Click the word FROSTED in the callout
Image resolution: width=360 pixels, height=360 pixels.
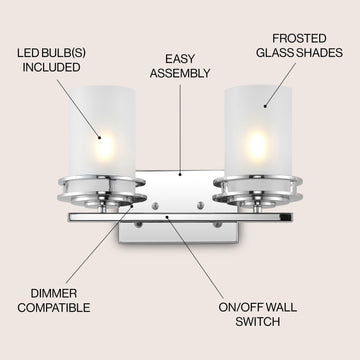click(x=299, y=39)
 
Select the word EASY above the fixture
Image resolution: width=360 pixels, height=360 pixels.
click(x=180, y=59)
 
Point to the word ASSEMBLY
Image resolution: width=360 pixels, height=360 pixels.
click(x=180, y=73)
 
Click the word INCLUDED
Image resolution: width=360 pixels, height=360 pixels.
click(x=51, y=67)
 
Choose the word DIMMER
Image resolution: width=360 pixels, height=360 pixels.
click(x=54, y=293)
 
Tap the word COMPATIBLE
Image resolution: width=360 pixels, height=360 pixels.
click(x=54, y=308)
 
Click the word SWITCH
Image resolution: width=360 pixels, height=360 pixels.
click(x=258, y=322)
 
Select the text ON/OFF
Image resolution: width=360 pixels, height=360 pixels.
click(x=238, y=307)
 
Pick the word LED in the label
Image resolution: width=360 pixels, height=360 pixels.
click(x=26, y=53)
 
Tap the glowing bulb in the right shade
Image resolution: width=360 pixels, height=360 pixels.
click(x=257, y=144)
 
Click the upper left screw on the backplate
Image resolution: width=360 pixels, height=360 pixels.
click(x=155, y=206)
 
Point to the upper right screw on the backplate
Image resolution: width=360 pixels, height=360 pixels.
click(x=200, y=205)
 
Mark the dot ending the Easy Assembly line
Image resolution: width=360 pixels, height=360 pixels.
click(x=180, y=174)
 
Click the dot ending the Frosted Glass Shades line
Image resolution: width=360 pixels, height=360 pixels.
click(x=265, y=106)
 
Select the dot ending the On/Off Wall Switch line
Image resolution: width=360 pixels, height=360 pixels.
click(x=167, y=217)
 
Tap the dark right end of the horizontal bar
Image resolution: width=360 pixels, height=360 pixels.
click(x=286, y=217)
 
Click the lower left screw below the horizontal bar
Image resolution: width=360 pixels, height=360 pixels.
click(x=138, y=225)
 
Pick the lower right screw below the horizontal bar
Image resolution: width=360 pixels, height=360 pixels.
click(x=217, y=225)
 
